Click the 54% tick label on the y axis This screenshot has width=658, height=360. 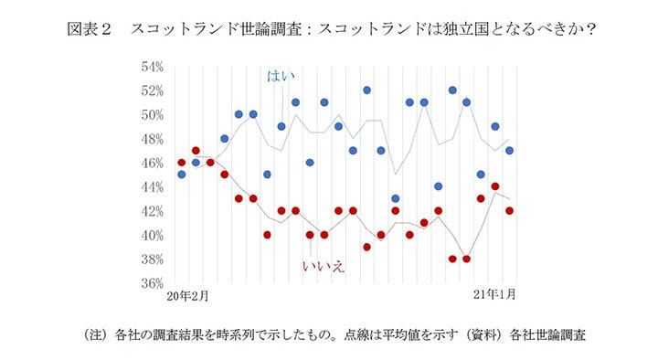coord(151,67)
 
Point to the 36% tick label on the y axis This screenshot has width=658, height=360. coord(151,283)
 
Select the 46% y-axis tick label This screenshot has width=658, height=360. coord(151,163)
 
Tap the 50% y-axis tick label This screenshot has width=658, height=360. coord(151,115)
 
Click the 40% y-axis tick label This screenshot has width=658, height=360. coord(151,235)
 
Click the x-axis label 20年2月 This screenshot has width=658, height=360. coord(187,296)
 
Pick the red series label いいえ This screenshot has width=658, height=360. coord(323,267)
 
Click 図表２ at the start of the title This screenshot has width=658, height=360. coord(89,28)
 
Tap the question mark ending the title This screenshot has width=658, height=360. coord(591,28)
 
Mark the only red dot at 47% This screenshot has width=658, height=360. coord(196,151)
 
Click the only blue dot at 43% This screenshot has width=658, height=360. coord(396,198)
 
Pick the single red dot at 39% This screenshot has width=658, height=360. coord(366,247)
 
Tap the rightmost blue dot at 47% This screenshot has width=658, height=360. coord(510,151)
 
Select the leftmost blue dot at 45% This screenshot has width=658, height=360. coord(181,175)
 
